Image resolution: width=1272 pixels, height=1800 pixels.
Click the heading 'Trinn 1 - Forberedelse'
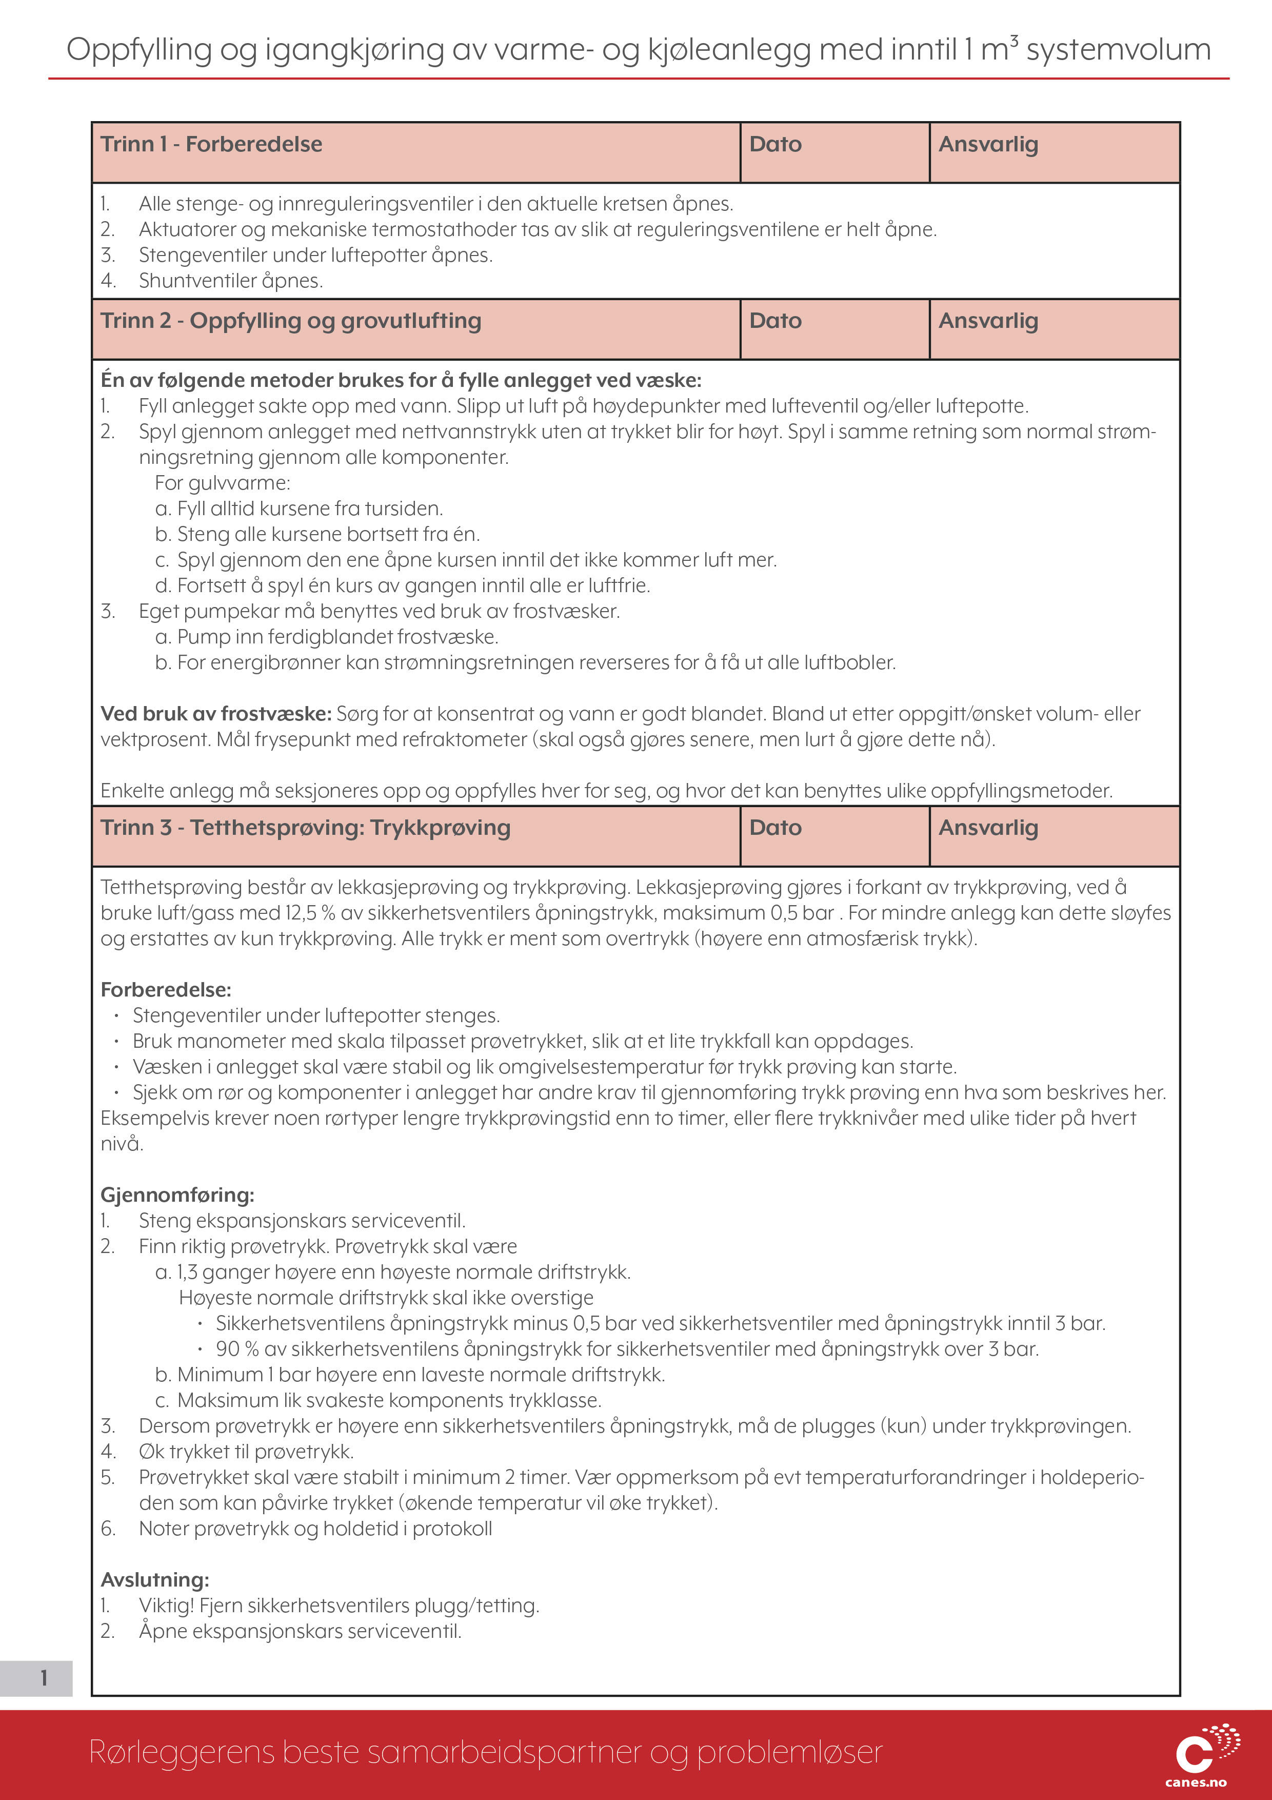coord(212,144)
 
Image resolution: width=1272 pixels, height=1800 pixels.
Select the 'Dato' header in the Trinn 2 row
coord(775,321)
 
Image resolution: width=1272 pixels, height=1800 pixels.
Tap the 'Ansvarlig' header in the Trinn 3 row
coord(988,828)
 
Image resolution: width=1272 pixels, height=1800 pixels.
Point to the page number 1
coord(44,1678)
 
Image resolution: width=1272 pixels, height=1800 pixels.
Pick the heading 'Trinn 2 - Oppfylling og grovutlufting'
coord(291,321)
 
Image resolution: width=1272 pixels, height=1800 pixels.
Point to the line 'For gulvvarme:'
coord(223,483)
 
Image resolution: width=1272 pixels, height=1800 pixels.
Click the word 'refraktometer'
coord(467,739)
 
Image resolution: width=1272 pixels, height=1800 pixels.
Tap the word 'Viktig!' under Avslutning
coord(166,1606)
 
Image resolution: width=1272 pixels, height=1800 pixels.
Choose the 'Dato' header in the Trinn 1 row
coord(775,144)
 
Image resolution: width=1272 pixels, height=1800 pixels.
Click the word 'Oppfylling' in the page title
coord(138,49)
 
